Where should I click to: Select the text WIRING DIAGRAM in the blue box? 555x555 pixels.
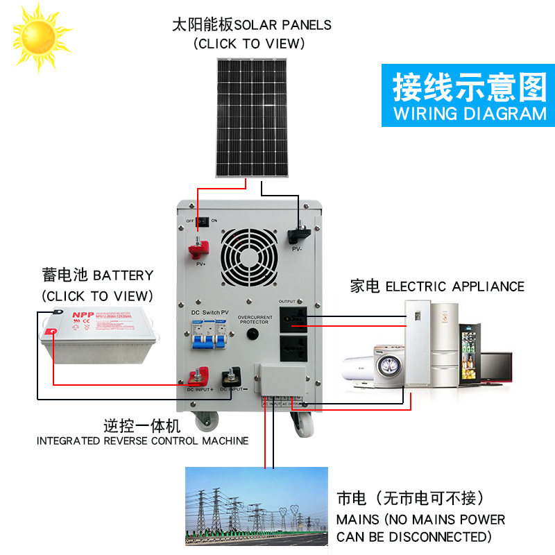(x=470, y=114)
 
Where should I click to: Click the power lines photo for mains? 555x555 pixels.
(x=256, y=506)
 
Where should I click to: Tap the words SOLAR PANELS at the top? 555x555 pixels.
(x=283, y=25)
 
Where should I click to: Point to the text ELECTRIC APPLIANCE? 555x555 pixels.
(x=454, y=287)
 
